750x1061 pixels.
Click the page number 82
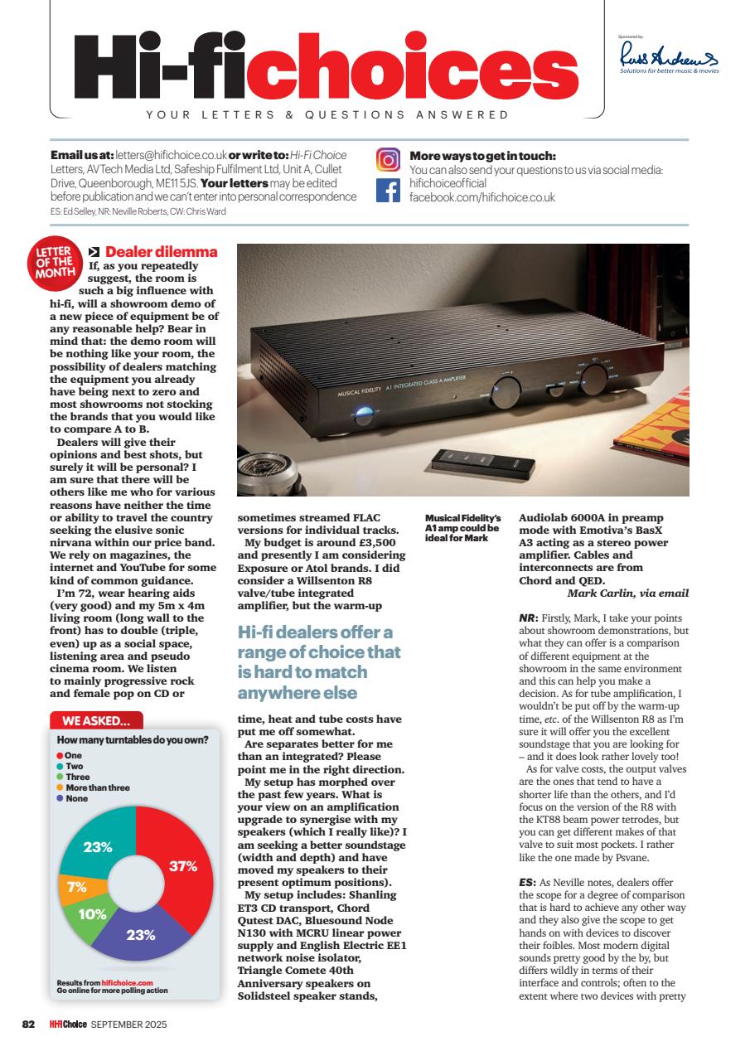[28, 1025]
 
